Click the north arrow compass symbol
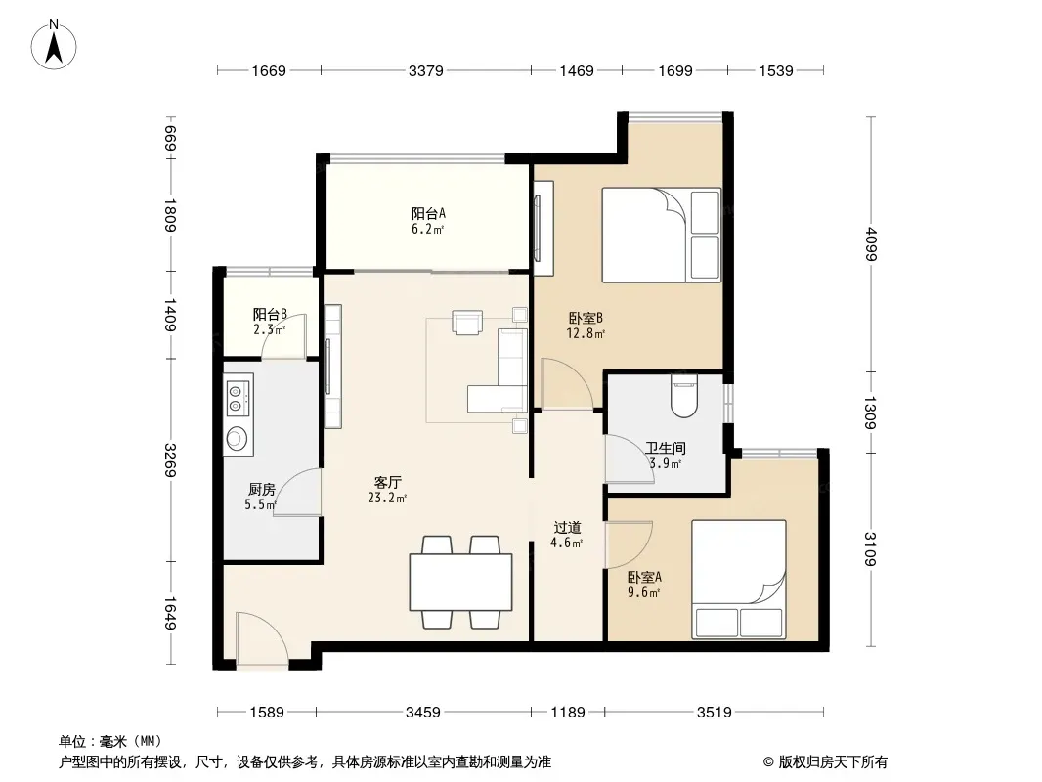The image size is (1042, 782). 54,45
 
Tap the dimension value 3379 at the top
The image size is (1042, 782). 426,70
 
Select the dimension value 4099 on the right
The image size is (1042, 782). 871,244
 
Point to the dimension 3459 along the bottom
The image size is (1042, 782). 423,713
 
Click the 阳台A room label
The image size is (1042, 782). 428,213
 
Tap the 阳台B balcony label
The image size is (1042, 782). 270,314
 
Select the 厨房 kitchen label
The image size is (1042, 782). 262,489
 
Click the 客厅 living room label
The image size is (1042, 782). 387,482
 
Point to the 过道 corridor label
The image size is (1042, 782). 568,528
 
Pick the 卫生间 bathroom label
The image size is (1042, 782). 666,448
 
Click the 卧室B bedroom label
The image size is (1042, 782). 586,319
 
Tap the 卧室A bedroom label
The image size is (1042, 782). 644,578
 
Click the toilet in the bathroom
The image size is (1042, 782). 684,396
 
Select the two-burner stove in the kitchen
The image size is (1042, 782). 239,397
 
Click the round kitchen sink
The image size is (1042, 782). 236,437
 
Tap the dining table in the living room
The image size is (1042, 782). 460,582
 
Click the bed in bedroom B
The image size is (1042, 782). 661,236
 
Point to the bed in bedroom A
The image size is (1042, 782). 739,580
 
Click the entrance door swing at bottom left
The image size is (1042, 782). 262,640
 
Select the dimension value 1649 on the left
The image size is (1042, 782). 170,613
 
